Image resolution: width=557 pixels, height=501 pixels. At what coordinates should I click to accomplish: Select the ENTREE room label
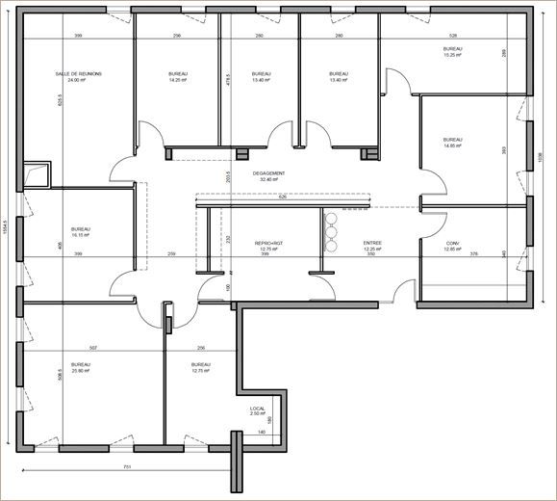(372, 243)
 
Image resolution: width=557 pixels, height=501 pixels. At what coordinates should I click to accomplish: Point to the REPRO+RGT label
(269, 243)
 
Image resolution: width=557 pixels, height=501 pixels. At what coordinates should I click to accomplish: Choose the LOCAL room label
(257, 409)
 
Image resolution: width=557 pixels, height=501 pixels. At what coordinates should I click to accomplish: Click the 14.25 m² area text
(177, 81)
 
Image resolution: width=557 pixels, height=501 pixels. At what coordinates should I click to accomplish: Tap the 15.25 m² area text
(454, 55)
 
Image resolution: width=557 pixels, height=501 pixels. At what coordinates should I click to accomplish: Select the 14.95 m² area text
(453, 145)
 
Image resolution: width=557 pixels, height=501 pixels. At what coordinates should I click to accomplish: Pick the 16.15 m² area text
(81, 235)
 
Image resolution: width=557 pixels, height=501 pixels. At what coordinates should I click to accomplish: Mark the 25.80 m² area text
(81, 371)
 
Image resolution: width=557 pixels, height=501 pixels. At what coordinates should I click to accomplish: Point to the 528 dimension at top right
(453, 36)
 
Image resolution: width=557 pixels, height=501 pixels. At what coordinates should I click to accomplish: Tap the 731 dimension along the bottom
(127, 467)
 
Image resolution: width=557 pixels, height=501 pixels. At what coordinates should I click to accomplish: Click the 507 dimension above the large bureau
(92, 348)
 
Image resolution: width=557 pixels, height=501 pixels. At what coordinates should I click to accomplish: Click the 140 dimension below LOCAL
(261, 433)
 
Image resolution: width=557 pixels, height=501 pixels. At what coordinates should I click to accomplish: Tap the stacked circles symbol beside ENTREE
(330, 231)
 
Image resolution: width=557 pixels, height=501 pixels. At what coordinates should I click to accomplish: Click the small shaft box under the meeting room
(37, 173)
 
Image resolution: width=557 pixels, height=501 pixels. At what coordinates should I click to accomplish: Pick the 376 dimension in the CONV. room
(473, 254)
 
